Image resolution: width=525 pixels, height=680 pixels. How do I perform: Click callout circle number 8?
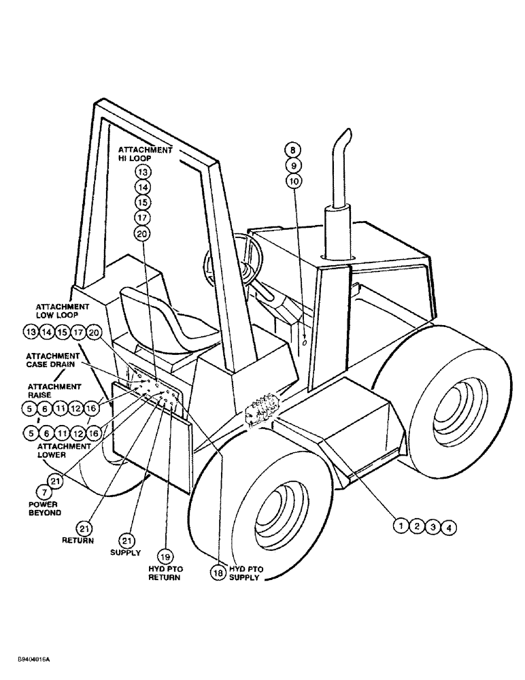click(293, 150)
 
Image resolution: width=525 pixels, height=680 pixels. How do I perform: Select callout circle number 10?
click(293, 182)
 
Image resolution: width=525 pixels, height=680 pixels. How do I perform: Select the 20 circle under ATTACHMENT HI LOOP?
click(141, 233)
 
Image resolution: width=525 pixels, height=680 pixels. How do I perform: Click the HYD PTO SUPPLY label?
click(245, 573)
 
